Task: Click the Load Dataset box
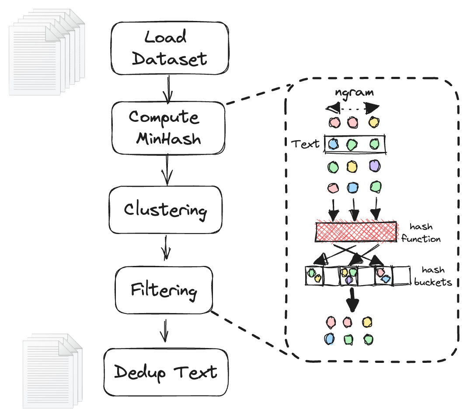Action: (x=170, y=48)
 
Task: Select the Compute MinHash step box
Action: (x=168, y=128)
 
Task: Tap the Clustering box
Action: (x=165, y=210)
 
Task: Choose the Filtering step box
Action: (x=164, y=290)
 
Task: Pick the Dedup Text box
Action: (x=166, y=372)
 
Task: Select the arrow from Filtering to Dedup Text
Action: (x=164, y=331)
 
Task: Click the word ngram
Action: (x=355, y=92)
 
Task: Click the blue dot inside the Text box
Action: (x=333, y=144)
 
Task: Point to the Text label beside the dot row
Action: (x=305, y=144)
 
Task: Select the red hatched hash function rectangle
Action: (x=355, y=232)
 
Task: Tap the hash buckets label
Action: (x=432, y=276)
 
